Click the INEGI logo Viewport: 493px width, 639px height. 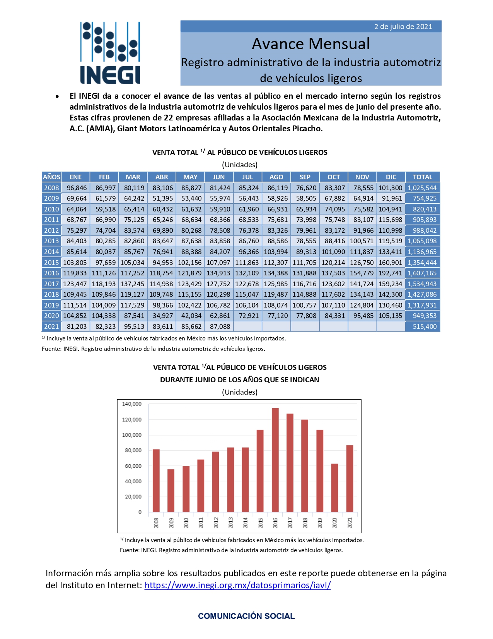(110, 53)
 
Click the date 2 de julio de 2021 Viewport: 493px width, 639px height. (403, 27)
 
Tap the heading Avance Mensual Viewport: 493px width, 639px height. (310, 44)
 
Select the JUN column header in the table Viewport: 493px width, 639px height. (219, 177)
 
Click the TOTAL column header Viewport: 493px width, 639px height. (422, 177)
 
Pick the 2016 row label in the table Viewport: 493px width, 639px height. (51, 273)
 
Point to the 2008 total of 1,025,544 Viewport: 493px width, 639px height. (422, 188)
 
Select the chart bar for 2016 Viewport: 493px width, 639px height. (275, 460)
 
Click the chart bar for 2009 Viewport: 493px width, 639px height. (171, 490)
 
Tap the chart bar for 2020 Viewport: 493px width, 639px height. (335, 488)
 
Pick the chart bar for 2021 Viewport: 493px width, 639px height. (350, 478)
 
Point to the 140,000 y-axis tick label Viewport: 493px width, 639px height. (132, 404)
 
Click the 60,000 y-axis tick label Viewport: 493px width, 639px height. (133, 466)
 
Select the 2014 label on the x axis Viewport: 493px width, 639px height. (245, 522)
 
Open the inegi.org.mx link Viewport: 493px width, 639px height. (237, 585)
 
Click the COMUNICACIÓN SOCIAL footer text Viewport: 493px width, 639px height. (246, 616)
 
